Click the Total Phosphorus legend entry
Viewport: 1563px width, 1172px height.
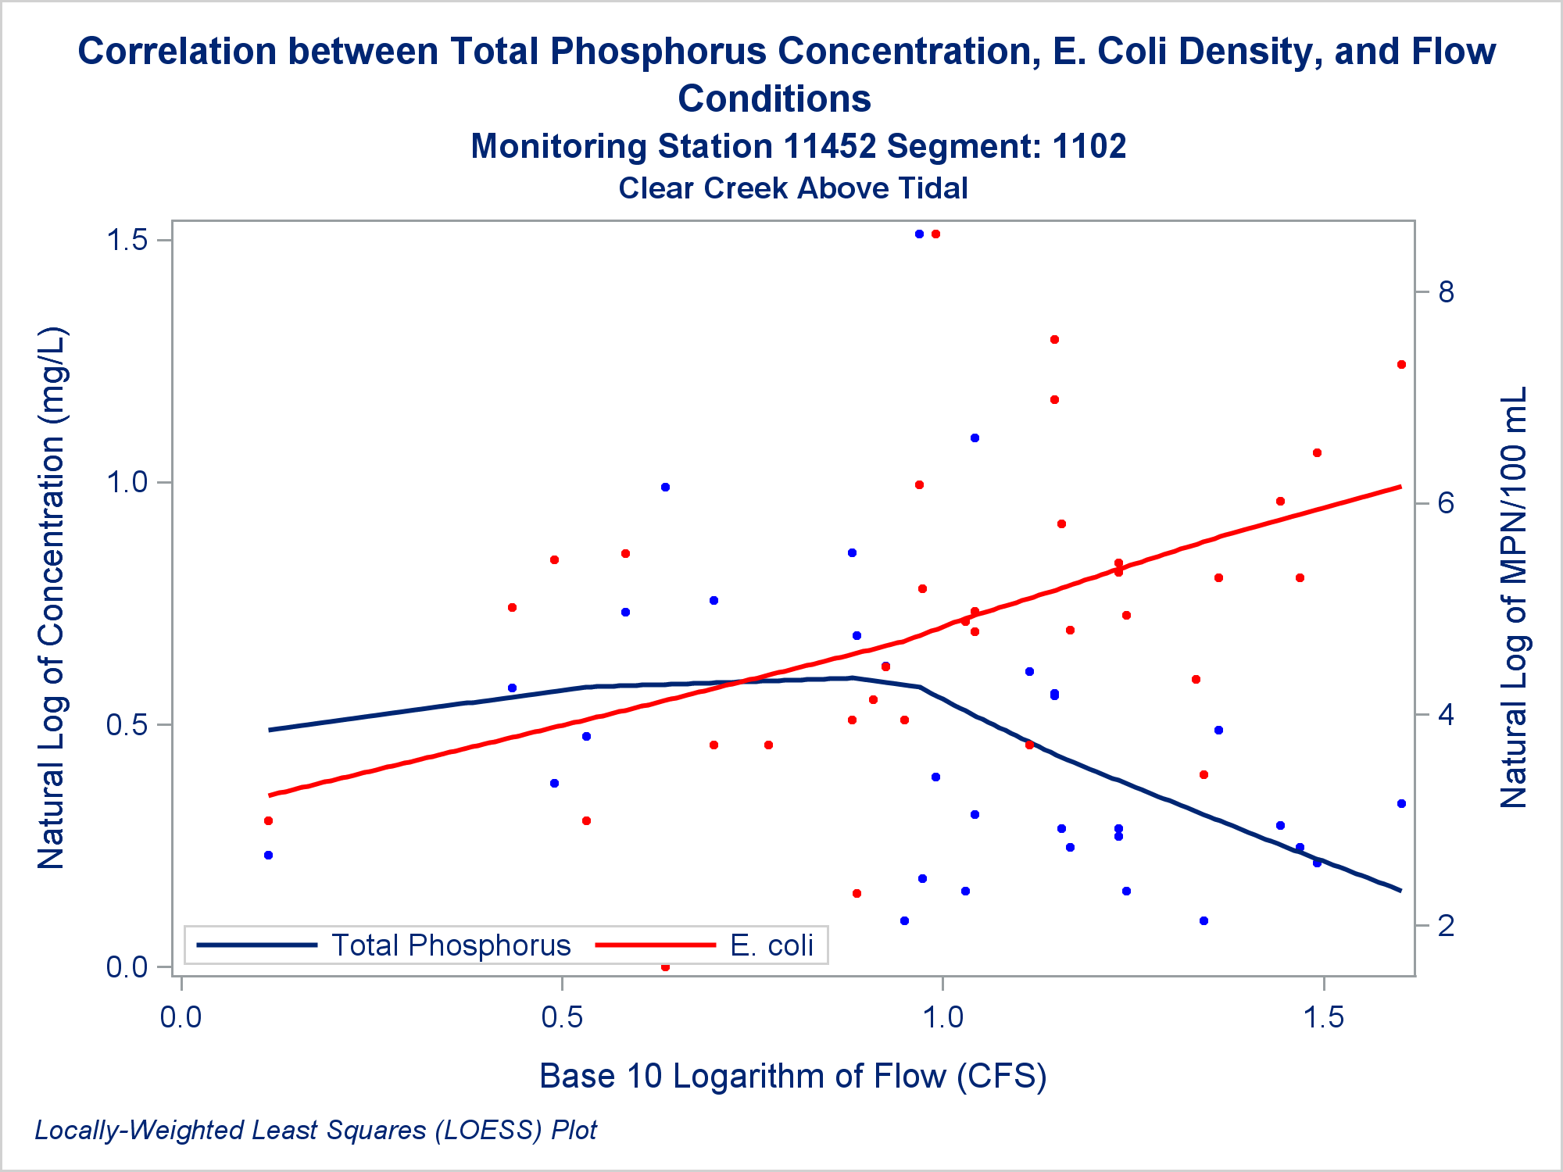pos(451,945)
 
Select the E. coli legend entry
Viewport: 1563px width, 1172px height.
pos(771,945)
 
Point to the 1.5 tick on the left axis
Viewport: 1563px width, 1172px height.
pos(127,240)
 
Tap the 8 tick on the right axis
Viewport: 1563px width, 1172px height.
pos(1446,292)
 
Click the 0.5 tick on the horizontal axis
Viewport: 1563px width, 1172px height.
pos(562,1017)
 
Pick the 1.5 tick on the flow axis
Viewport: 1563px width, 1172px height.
pos(1324,1017)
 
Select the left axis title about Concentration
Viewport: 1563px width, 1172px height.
pos(52,598)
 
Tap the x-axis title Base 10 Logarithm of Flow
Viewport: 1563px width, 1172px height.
pos(792,1076)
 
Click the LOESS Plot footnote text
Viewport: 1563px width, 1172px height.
pos(316,1130)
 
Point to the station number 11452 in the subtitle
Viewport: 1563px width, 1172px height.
pos(829,146)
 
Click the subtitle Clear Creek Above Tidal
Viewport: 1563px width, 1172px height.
pos(792,188)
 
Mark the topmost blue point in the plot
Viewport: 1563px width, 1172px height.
pos(919,234)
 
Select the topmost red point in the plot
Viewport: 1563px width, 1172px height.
pos(935,234)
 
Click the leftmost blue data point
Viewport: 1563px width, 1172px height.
pos(268,855)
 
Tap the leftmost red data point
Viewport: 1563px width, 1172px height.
pos(268,820)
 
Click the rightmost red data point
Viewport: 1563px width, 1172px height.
pos(1401,365)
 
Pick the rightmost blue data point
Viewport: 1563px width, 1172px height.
pos(1401,803)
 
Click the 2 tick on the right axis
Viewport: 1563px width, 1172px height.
pos(1446,926)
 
